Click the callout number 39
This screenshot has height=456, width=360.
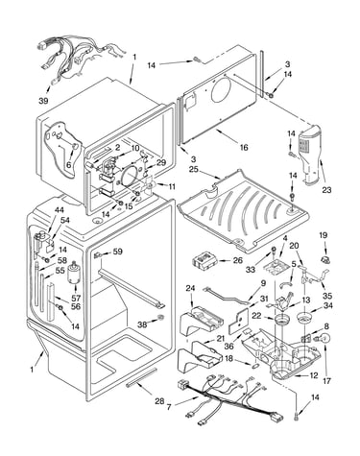[x=43, y=101]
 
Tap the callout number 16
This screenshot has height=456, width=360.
[x=244, y=148]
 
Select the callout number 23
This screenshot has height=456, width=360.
[x=326, y=190]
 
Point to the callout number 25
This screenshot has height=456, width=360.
[x=193, y=169]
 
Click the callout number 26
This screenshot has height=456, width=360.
[x=238, y=260]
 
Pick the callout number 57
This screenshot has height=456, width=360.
[x=76, y=299]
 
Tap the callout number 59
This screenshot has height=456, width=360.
[x=118, y=252]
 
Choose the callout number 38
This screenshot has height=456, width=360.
[x=142, y=324]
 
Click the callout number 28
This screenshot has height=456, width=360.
[x=159, y=400]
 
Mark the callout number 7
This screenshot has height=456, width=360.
[x=169, y=407]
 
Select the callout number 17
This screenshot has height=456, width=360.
[x=326, y=381]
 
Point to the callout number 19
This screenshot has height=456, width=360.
[x=324, y=235]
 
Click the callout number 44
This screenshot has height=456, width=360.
[x=59, y=210]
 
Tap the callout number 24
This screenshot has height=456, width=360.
[x=190, y=289]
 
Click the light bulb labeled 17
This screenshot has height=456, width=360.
[x=324, y=339]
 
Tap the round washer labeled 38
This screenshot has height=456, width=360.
[x=160, y=318]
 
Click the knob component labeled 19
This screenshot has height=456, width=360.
[x=325, y=258]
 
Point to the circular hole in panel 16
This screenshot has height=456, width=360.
[x=223, y=87]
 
